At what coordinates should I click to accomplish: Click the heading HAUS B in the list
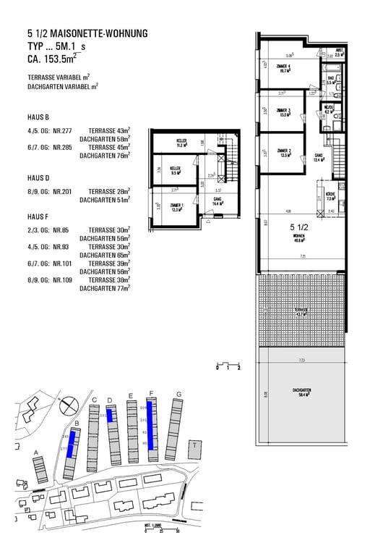click(x=38, y=117)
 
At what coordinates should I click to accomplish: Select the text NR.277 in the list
click(x=61, y=130)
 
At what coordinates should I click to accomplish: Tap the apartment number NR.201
click(x=61, y=190)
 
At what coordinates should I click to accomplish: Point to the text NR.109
click(x=61, y=279)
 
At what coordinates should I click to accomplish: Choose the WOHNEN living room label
click(x=298, y=239)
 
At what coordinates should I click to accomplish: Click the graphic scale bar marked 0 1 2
click(x=228, y=363)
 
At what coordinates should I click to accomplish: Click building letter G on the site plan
click(x=178, y=395)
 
